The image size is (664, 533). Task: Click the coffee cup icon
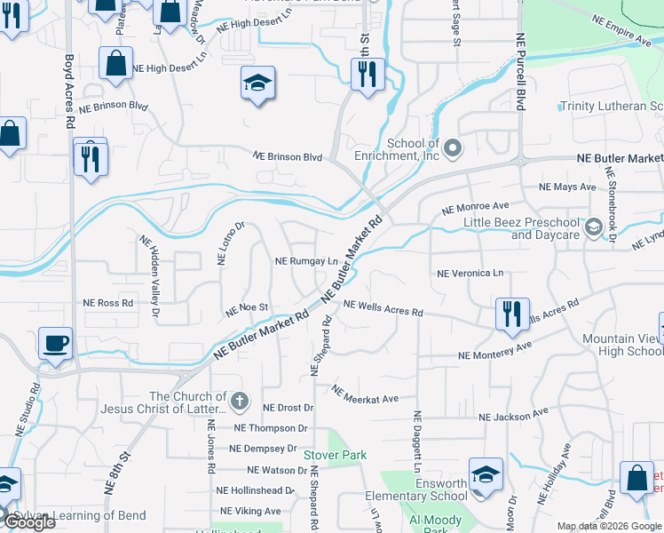click(55, 343)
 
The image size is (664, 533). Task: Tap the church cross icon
click(239, 402)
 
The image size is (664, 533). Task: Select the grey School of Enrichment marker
click(454, 147)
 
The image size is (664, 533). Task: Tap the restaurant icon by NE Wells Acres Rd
click(512, 314)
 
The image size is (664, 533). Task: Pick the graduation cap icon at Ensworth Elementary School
click(486, 474)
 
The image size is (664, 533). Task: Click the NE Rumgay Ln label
click(306, 262)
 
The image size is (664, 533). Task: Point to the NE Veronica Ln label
click(470, 274)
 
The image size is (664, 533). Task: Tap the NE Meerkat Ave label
click(365, 394)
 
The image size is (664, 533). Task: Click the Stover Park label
click(335, 456)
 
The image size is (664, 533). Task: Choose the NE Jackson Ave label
click(514, 416)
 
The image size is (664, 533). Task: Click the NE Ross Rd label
click(107, 303)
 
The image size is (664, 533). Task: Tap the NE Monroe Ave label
click(476, 209)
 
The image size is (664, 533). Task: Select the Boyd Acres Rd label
click(69, 91)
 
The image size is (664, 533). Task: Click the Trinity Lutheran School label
click(612, 107)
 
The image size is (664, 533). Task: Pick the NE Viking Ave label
click(250, 511)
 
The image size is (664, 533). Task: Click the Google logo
click(28, 521)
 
